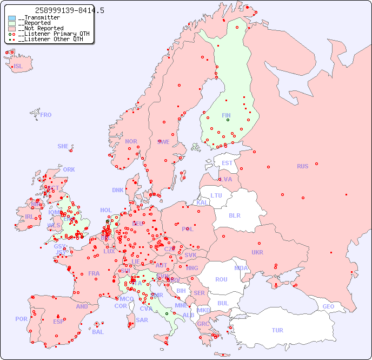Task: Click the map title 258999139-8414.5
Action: point(69,10)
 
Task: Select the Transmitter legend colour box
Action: point(12,18)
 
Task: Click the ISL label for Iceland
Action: point(18,67)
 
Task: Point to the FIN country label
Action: point(226,115)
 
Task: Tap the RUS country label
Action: point(302,166)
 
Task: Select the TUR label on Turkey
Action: point(277,330)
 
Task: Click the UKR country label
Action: point(257,252)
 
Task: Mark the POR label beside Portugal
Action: point(21,319)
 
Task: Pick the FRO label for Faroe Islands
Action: point(46,115)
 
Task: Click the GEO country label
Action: point(328,306)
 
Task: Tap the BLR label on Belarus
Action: point(235,215)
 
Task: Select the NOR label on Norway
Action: point(131,141)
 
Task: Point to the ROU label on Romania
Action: point(221,279)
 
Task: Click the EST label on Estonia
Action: point(227,163)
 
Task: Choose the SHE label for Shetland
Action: point(63,146)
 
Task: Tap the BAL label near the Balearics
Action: point(98,332)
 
